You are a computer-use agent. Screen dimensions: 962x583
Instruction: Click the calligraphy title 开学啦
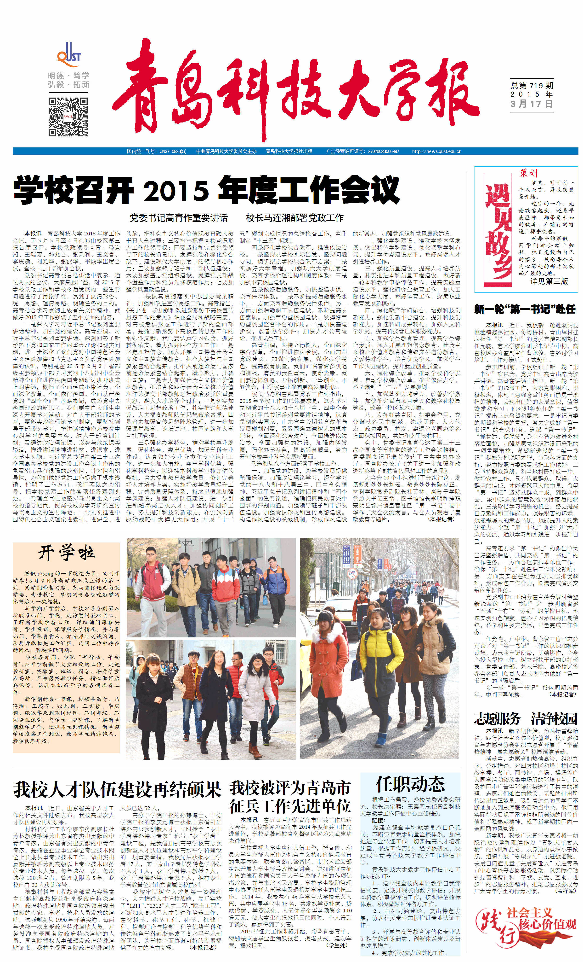click(x=66, y=553)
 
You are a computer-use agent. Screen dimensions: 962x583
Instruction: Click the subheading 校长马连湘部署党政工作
click(x=294, y=217)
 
